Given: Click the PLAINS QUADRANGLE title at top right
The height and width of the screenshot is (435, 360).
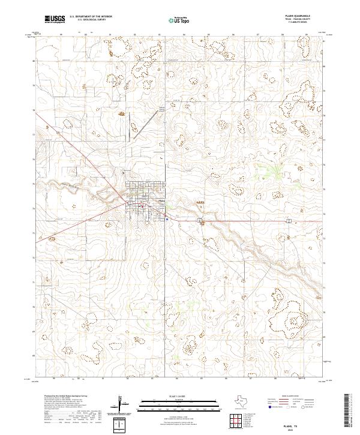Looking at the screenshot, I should pos(298,16).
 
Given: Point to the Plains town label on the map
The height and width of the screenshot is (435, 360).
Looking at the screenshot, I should pos(160,200).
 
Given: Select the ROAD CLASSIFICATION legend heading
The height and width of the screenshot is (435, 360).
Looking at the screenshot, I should pos(290,397).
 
